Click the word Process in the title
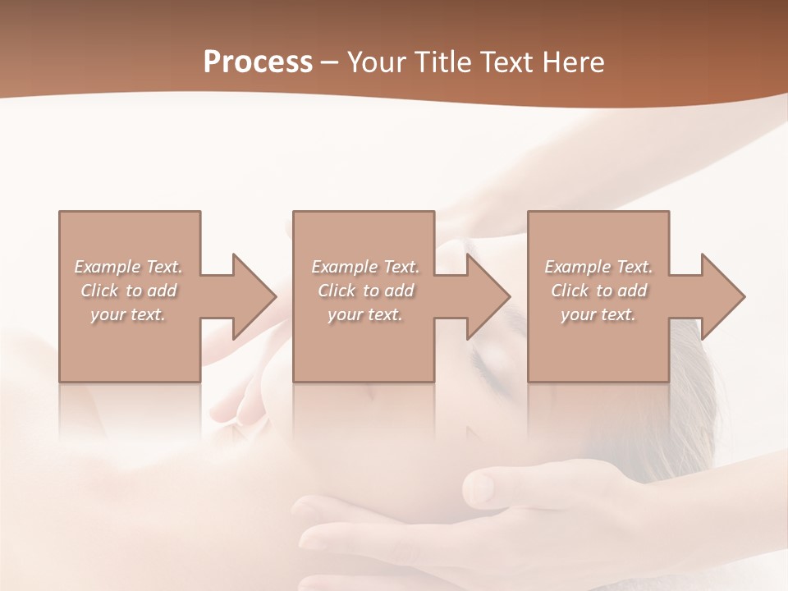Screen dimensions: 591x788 coord(258,62)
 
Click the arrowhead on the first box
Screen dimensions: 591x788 coord(254,296)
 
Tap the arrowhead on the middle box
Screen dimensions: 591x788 coord(488,296)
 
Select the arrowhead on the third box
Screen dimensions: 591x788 coord(723,296)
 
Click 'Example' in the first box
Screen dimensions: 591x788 coord(108,267)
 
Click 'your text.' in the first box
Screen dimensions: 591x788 coord(128,314)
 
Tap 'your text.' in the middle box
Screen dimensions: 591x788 coord(364,314)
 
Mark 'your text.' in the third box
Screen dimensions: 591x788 coord(598,314)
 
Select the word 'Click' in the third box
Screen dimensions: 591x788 coord(570,291)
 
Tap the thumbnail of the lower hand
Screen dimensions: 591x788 coord(479,488)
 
